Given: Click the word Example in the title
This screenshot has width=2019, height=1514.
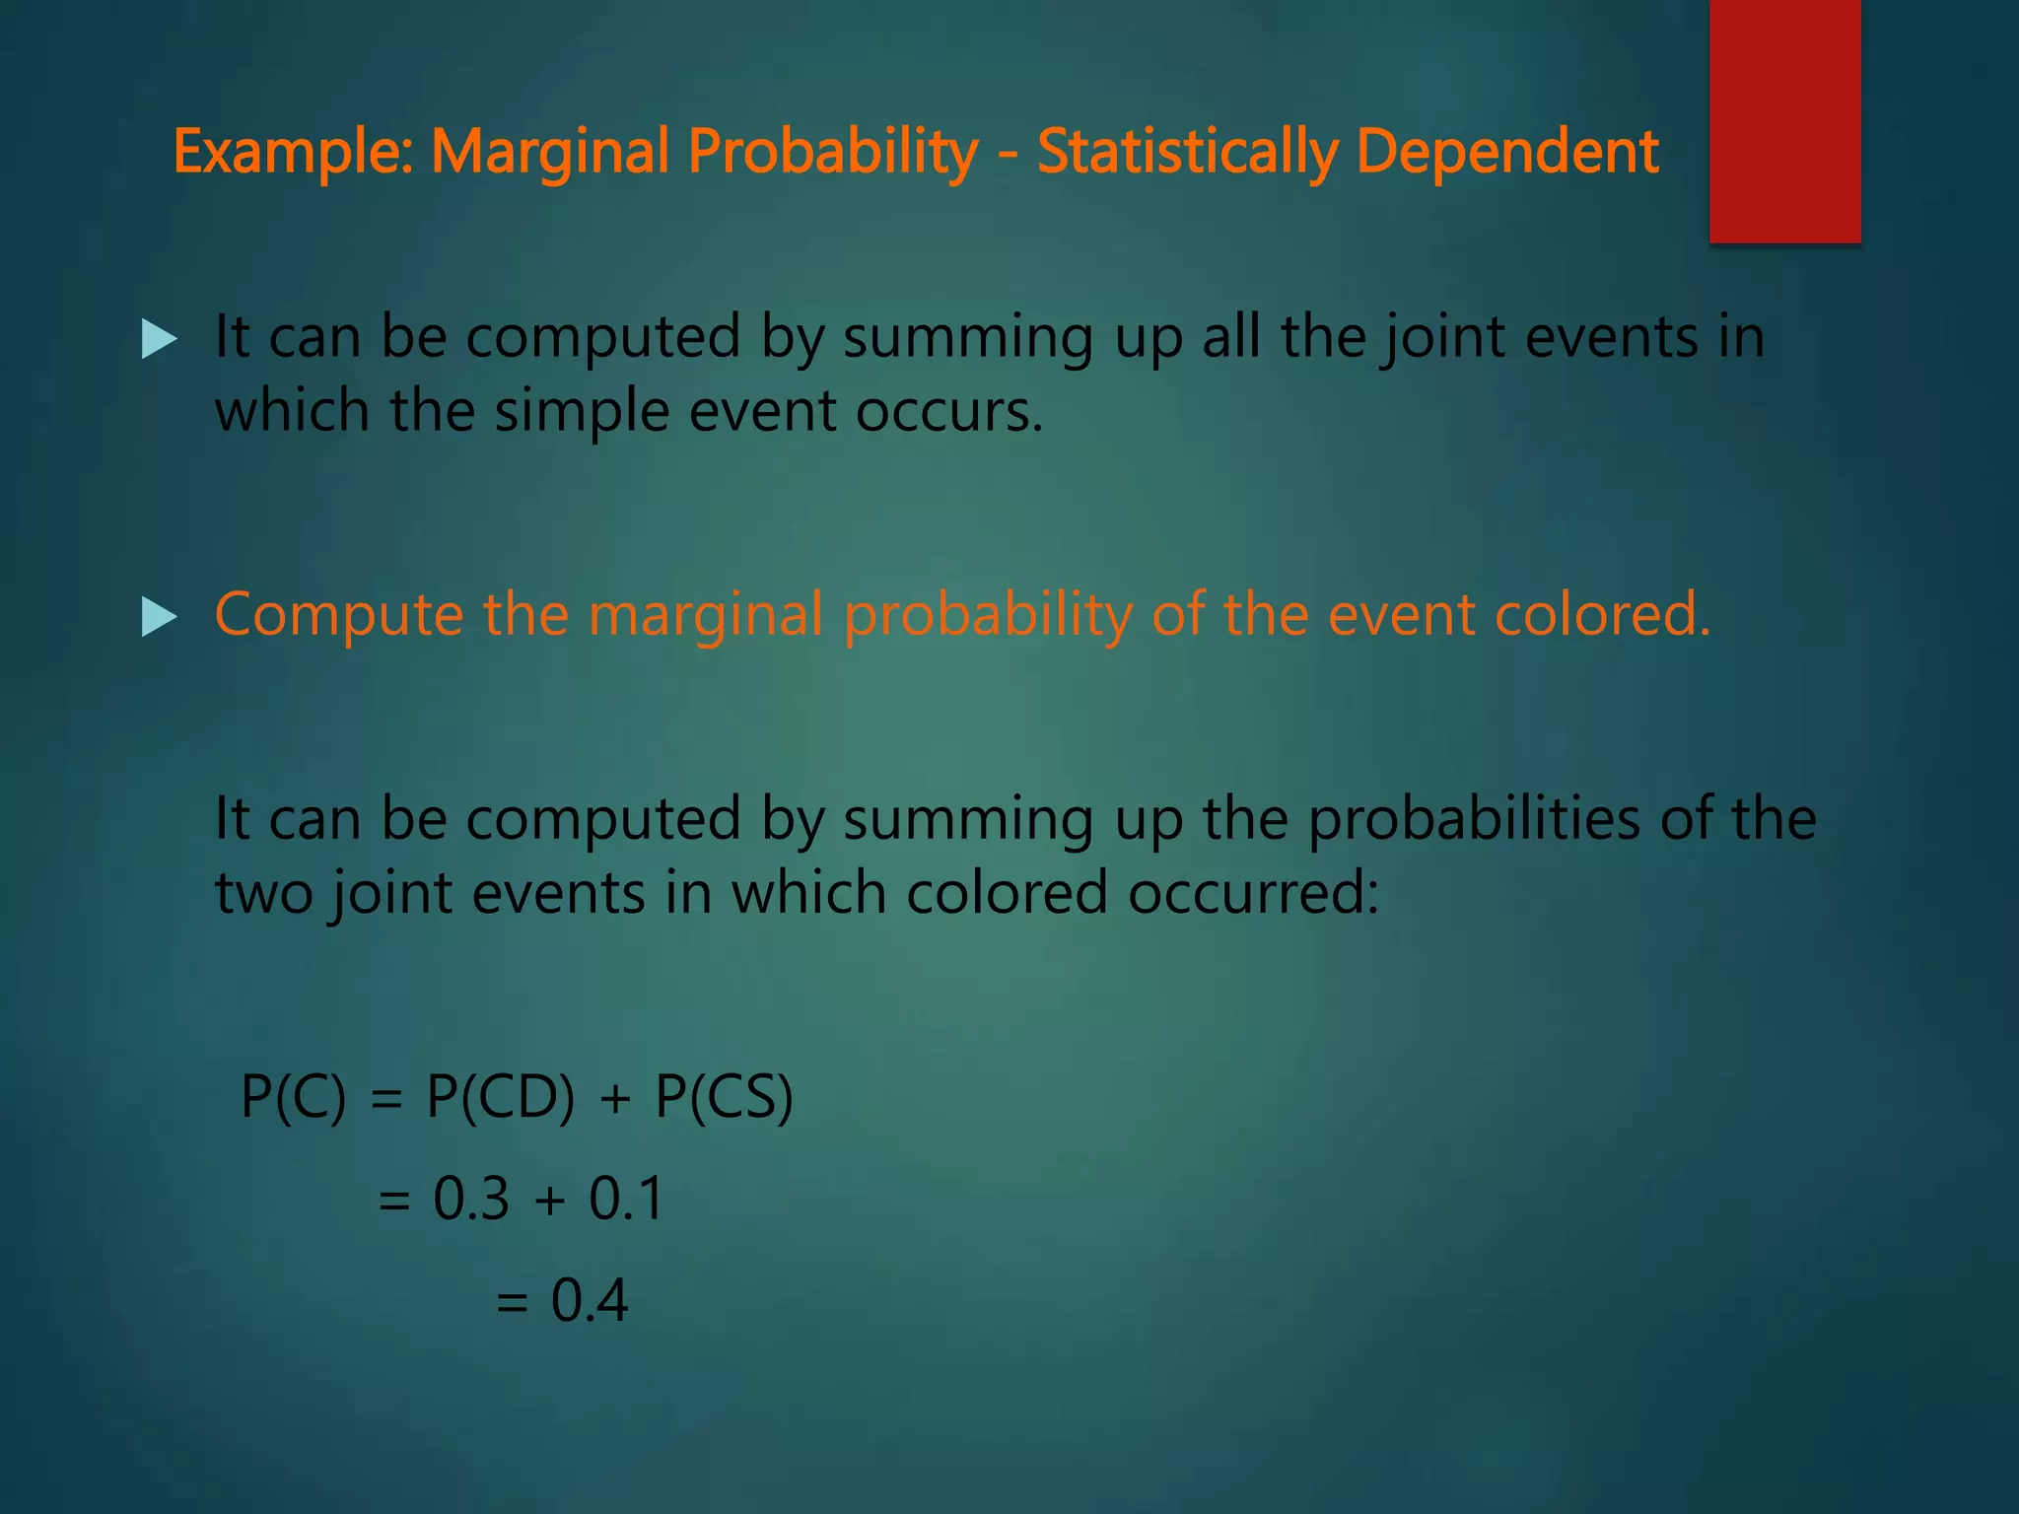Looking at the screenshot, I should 293,153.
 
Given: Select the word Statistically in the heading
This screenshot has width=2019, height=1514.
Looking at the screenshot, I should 1187,153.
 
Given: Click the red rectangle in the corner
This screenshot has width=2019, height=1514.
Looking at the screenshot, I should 1784,120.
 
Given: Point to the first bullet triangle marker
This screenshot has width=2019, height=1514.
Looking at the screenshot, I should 159,340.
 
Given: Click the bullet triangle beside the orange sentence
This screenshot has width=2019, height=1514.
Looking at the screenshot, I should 159,618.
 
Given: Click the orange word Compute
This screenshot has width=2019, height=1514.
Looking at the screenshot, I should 338,616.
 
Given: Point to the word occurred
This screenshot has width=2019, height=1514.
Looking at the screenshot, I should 1252,893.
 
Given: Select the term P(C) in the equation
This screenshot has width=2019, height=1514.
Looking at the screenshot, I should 294,1096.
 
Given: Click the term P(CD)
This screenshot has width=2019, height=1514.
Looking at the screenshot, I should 500,1096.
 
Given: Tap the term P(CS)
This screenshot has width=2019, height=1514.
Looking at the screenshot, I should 724,1096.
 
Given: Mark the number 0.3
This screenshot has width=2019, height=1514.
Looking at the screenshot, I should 471,1199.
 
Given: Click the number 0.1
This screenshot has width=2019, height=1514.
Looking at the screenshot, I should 626,1199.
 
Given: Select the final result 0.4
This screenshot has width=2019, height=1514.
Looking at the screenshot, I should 589,1300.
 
